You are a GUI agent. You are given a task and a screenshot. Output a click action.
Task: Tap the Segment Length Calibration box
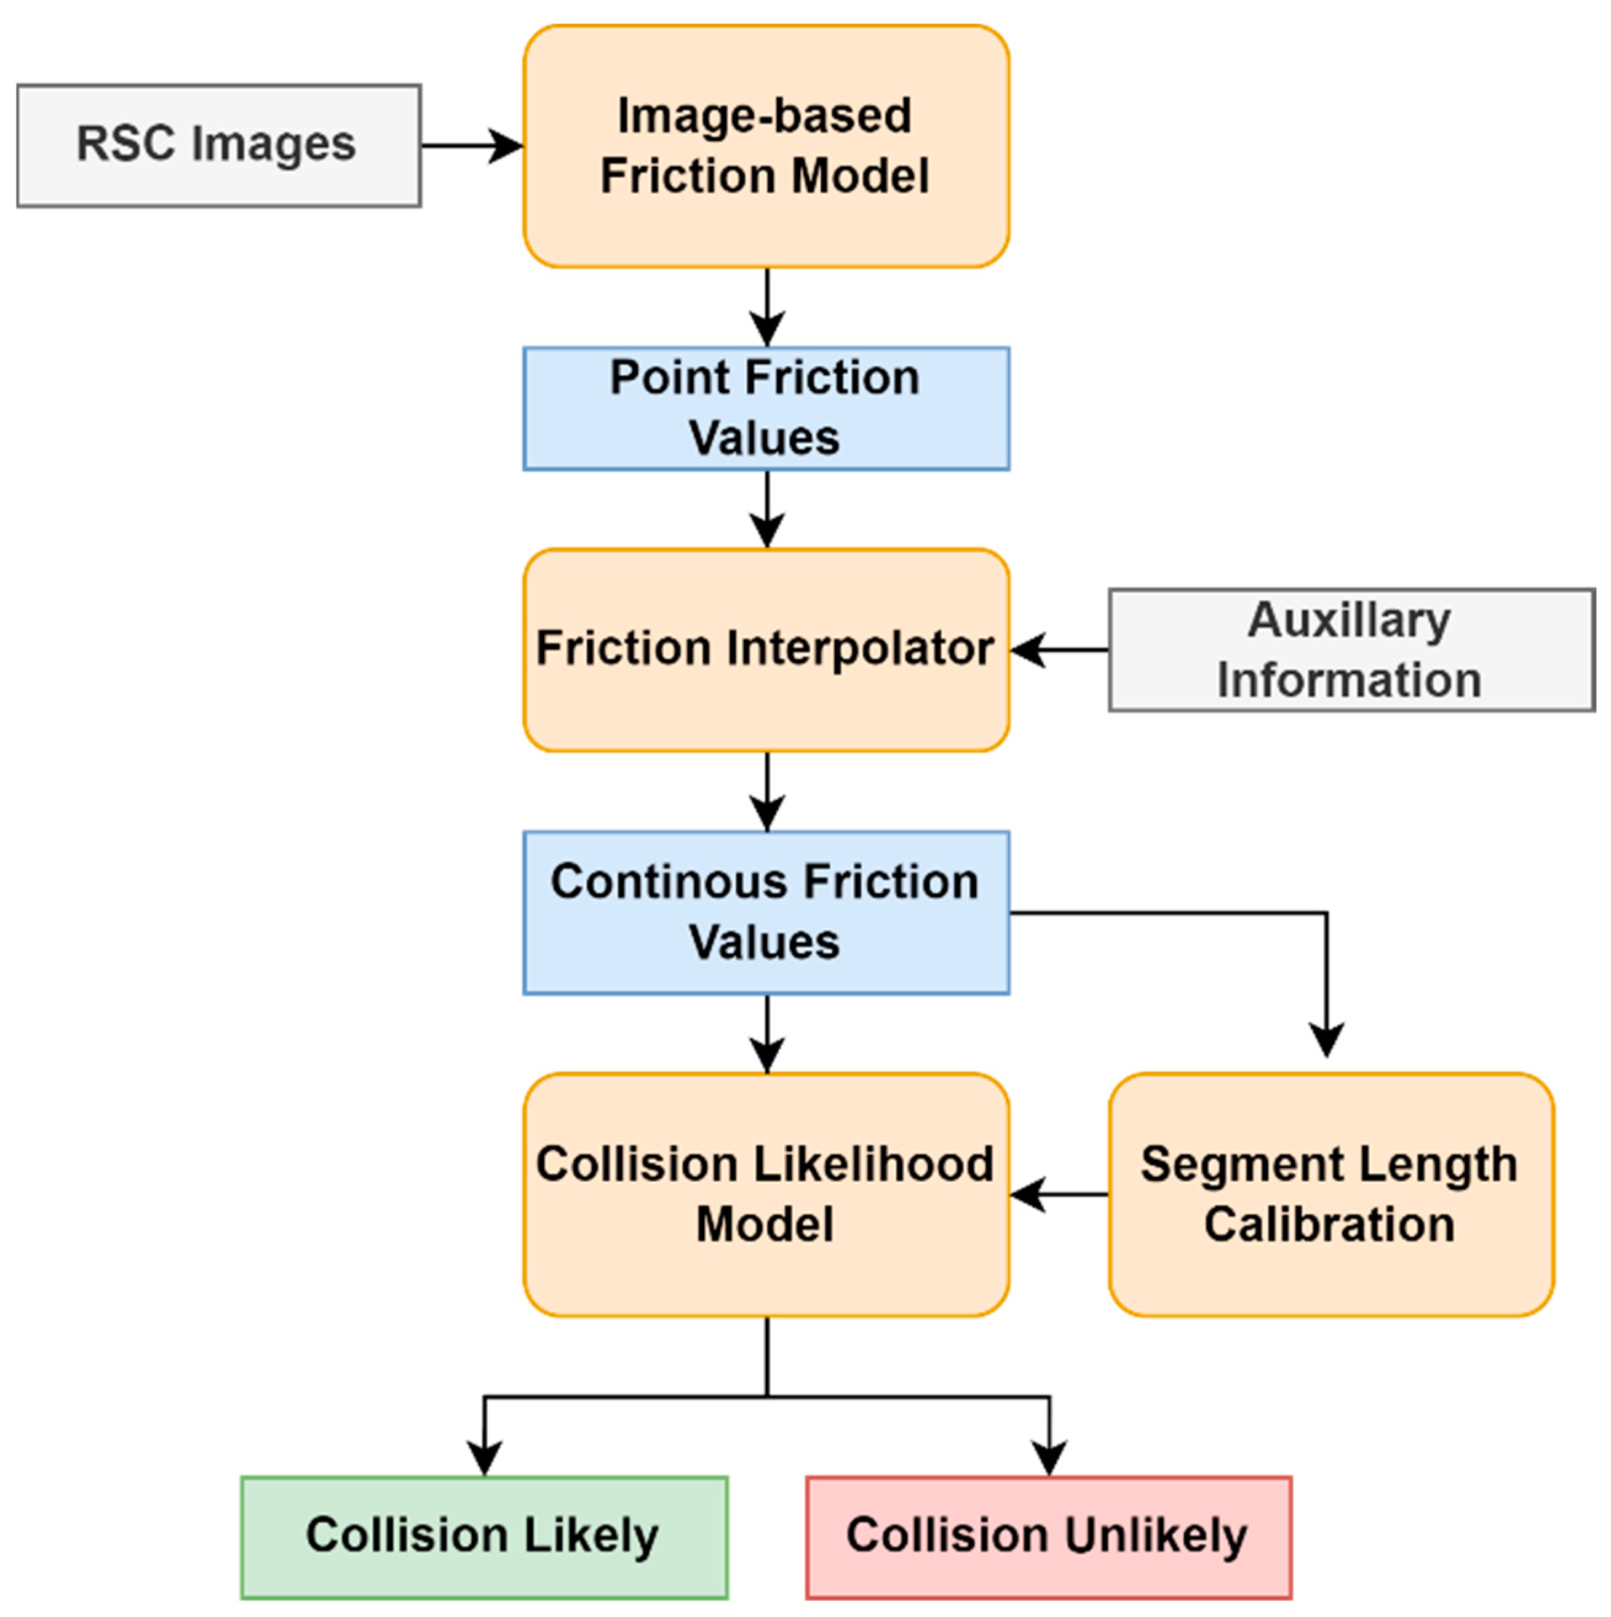coord(1330,1194)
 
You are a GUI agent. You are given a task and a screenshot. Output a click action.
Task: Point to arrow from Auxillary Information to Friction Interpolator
coord(1059,649)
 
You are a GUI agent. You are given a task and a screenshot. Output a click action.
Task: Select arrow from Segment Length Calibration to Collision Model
coord(1059,1194)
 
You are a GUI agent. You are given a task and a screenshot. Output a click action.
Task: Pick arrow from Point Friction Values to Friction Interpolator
coord(767,510)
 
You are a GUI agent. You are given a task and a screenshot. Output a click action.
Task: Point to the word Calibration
coord(1329,1224)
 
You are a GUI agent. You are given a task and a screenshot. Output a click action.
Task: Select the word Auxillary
coord(1348,620)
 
